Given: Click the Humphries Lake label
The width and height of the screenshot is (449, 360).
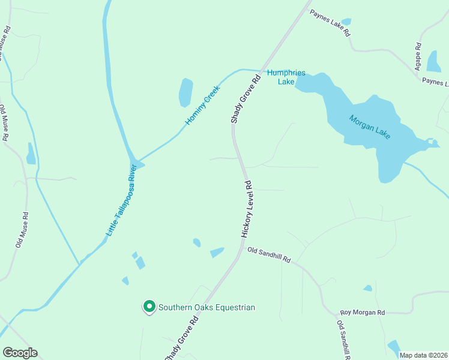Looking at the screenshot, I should [x=286, y=77].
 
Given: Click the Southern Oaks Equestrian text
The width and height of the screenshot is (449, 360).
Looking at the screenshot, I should [x=206, y=307].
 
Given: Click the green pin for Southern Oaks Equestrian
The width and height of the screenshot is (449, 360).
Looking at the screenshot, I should [x=149, y=307].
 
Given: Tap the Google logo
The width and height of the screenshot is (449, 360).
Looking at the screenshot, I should [x=20, y=353].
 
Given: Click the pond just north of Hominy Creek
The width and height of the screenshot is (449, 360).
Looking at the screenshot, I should [x=185, y=93].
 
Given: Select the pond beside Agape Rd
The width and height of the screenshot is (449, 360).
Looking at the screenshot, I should [x=433, y=61].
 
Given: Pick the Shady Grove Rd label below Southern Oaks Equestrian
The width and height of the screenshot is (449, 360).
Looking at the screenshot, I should [x=182, y=340].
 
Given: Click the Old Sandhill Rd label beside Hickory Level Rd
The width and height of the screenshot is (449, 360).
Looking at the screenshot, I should [x=269, y=255].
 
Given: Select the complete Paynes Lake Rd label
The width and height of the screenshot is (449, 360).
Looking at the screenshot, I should [x=330, y=23].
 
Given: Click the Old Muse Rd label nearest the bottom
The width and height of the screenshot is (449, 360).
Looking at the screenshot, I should [x=22, y=230].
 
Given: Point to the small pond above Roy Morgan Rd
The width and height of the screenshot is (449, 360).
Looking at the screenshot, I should [x=367, y=288].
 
